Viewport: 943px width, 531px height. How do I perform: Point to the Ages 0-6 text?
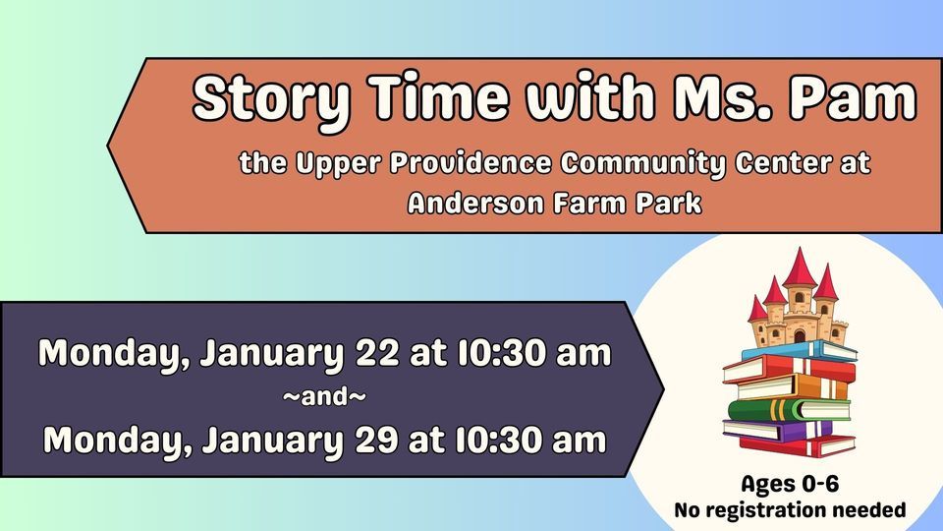[x=789, y=484]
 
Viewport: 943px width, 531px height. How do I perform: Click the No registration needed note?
[x=789, y=510]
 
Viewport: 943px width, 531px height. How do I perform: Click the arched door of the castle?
[x=799, y=335]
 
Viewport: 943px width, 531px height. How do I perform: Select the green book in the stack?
[x=786, y=409]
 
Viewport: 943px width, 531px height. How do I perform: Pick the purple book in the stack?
[x=776, y=430]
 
